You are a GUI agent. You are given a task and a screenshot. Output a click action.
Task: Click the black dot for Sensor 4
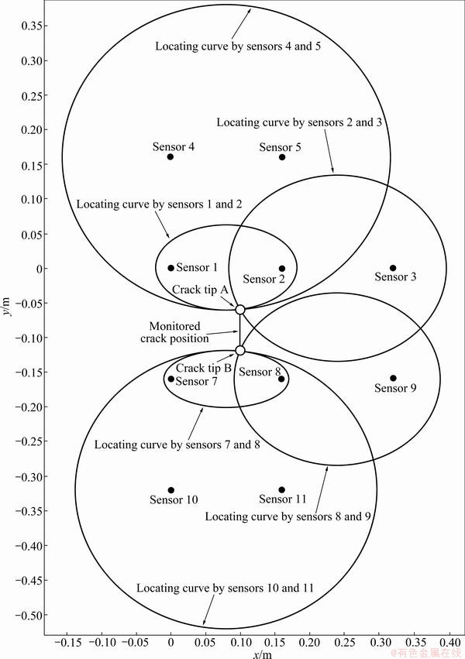170,156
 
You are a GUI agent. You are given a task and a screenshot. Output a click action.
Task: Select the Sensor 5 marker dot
282,157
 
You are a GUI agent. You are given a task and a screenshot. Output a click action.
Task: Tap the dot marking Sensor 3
393,268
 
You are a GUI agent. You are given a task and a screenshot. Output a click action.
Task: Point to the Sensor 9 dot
393,378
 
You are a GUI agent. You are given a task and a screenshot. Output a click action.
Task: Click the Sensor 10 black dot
171,490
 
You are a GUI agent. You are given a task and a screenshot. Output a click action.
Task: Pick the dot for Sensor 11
281,489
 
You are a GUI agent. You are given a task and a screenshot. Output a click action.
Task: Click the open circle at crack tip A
240,310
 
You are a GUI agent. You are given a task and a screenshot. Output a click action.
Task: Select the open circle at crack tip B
240,350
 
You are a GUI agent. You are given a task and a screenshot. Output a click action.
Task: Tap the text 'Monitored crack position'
174,332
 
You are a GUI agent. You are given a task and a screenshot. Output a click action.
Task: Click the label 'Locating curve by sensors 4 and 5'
238,46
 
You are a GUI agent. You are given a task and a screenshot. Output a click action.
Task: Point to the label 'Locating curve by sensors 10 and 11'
225,588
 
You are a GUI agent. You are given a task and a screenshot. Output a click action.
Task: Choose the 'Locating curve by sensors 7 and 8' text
177,444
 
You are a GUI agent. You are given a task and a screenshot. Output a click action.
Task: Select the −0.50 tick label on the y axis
29,616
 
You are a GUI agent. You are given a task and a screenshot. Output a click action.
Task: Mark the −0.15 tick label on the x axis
67,643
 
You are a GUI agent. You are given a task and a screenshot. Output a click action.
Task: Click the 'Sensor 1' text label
197,267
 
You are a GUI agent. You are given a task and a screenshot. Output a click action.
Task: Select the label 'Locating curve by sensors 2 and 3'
299,122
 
